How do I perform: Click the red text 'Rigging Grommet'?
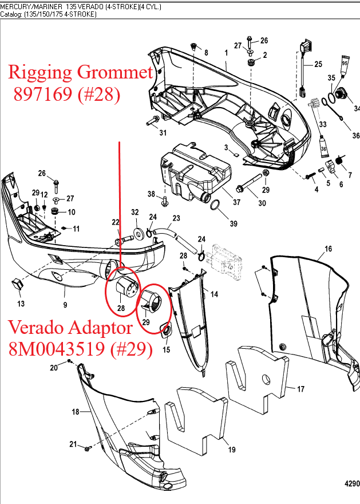point(81,72)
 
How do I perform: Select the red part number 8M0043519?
point(81,349)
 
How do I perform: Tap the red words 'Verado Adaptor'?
point(71,328)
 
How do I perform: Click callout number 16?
point(328,249)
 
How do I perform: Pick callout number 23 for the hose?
point(176,218)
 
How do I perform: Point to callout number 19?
point(232,450)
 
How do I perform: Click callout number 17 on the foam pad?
point(300,389)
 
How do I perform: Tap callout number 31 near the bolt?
point(163,133)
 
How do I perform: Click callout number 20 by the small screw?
point(54,368)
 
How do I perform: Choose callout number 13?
point(21,303)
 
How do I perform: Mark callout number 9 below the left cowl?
point(65,304)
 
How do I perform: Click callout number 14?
point(214,294)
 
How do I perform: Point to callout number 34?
point(357,108)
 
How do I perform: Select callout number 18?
point(75,412)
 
